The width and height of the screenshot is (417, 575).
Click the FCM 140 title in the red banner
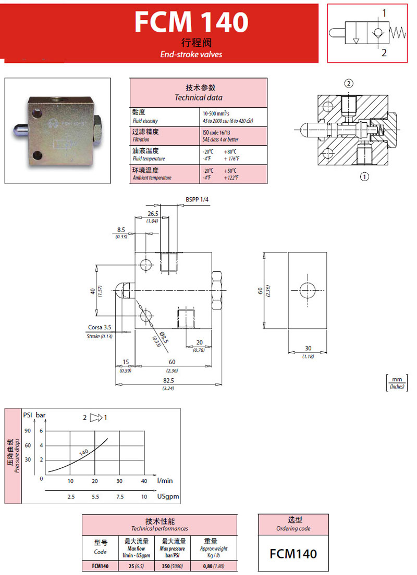[191, 22]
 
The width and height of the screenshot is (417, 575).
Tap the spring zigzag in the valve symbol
[398, 32]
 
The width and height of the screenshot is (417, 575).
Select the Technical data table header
[198, 93]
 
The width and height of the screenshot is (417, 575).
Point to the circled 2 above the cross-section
[349, 84]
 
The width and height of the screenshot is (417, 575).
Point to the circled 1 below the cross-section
[364, 177]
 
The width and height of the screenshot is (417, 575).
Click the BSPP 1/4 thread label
[197, 199]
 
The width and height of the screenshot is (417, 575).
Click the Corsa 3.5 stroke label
[99, 328]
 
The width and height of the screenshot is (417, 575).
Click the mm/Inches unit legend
[398, 382]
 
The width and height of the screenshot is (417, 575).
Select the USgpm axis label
[168, 496]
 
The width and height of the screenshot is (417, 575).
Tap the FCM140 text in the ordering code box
[293, 554]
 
